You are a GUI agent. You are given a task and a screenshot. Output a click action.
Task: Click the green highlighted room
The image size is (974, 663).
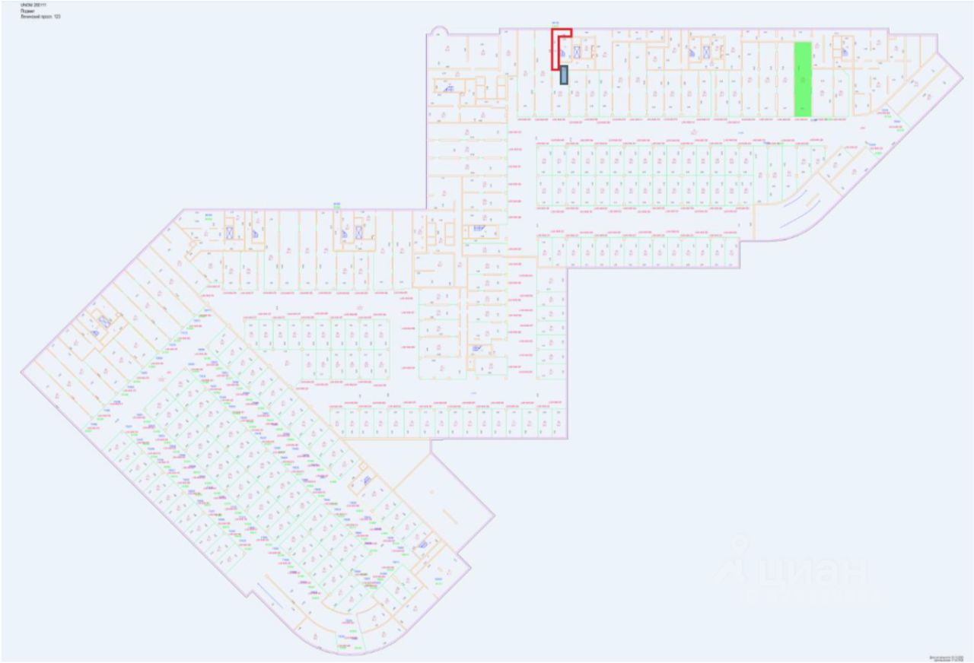[x=802, y=79]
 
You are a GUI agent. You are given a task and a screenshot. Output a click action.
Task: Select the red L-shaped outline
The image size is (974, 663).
[x=555, y=49]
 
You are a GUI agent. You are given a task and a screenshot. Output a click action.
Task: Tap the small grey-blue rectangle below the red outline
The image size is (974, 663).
[x=564, y=75]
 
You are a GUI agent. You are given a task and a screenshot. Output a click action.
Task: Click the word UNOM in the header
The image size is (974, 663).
[x=27, y=5]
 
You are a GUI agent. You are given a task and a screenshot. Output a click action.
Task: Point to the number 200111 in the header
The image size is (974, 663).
[x=40, y=5]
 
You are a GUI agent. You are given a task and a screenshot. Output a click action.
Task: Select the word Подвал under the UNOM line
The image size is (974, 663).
[x=27, y=11]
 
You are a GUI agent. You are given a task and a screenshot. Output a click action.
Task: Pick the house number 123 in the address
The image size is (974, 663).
[x=57, y=16]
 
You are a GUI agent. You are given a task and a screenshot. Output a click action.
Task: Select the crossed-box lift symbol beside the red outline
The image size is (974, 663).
[x=577, y=52]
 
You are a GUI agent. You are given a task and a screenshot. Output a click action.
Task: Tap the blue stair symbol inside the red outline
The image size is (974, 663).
[x=562, y=53]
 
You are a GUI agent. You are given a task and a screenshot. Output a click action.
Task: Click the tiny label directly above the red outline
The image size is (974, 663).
[x=555, y=22]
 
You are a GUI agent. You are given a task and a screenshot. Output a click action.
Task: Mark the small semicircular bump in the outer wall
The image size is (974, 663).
[x=438, y=31]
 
